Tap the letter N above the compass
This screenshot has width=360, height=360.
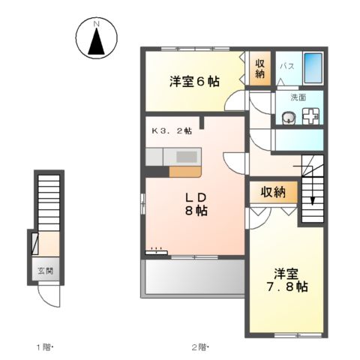point(97,25)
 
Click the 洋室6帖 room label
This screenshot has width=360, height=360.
point(194,81)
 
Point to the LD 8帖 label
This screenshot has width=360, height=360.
point(196,204)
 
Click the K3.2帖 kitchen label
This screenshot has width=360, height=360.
point(172,130)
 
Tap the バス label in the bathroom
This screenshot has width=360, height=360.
point(286,67)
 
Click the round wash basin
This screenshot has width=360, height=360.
point(287,116)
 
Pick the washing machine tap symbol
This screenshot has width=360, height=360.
point(311,116)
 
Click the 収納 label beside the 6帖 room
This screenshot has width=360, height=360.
point(259,69)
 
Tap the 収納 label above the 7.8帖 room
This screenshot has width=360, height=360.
point(273,193)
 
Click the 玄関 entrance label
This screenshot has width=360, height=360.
point(46,271)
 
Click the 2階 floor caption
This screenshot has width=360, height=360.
point(199,346)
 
